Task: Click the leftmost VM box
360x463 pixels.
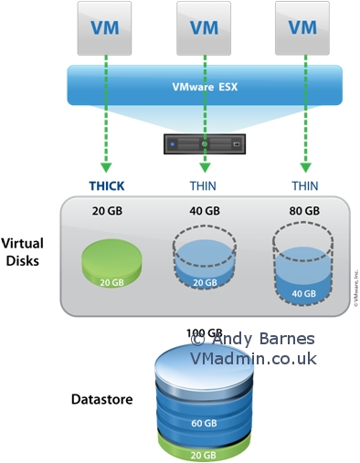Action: tap(106, 27)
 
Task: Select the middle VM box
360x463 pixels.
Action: tap(205, 27)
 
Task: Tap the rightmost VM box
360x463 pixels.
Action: tap(303, 27)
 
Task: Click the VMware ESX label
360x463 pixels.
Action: tap(205, 89)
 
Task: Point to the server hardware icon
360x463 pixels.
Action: tap(205, 143)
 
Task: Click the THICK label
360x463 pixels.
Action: tap(106, 185)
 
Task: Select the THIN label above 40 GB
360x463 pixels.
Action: tap(205, 185)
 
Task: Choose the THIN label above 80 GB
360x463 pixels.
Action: tap(304, 185)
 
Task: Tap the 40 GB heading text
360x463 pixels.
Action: tap(205, 211)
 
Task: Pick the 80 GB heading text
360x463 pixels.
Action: tap(304, 211)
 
